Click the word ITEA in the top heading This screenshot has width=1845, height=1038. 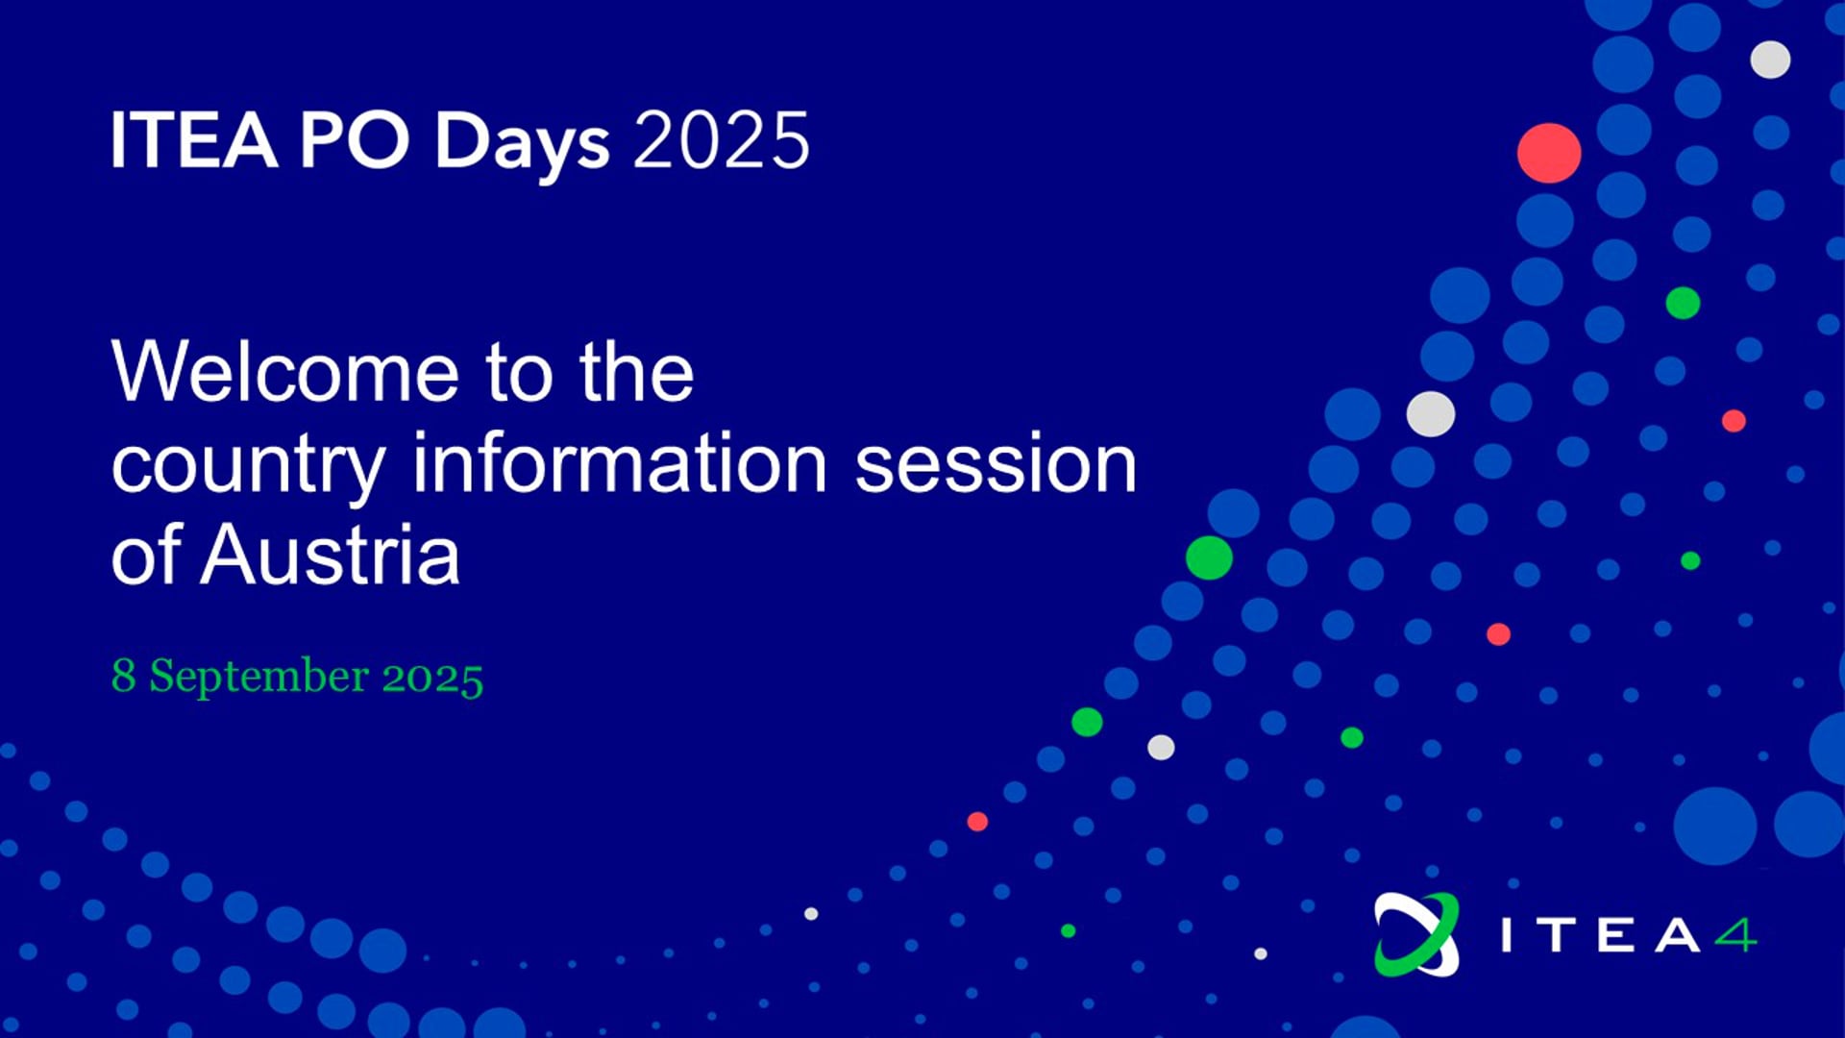click(x=194, y=140)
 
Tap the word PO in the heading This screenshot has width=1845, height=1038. click(x=355, y=140)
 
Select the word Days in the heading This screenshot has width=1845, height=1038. click(x=522, y=144)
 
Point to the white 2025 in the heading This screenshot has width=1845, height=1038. click(x=721, y=140)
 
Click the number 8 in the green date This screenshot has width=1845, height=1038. click(x=123, y=675)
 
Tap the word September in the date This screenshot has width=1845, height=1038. click(x=258, y=677)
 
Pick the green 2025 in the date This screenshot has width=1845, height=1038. click(x=432, y=678)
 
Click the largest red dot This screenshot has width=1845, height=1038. click(x=1549, y=153)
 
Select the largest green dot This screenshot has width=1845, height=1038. click(x=1209, y=557)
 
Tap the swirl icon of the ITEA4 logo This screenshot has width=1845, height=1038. click(x=1416, y=934)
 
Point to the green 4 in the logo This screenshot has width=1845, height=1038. click(x=1735, y=935)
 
